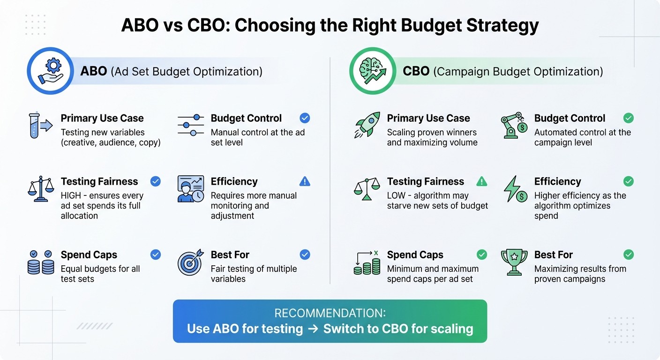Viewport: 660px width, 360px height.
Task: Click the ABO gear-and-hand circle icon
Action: [50, 71]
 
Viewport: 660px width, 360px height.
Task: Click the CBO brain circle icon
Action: [373, 71]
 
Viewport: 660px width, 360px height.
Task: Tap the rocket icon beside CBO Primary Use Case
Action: [367, 125]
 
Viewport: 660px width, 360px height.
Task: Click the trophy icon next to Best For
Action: [514, 262]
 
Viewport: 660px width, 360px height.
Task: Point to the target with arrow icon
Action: [190, 262]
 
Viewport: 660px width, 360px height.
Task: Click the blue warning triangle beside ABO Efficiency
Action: [305, 181]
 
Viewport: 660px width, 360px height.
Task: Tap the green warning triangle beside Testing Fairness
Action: [481, 181]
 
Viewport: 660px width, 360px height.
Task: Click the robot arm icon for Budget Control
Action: [514, 125]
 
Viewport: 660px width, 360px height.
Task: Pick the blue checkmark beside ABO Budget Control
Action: [305, 118]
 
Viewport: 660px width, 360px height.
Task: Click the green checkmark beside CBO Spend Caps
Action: [481, 255]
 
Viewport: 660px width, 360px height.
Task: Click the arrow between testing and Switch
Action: [313, 329]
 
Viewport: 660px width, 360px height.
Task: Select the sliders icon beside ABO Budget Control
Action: [190, 125]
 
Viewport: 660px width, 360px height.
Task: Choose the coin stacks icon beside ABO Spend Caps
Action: [40, 262]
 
